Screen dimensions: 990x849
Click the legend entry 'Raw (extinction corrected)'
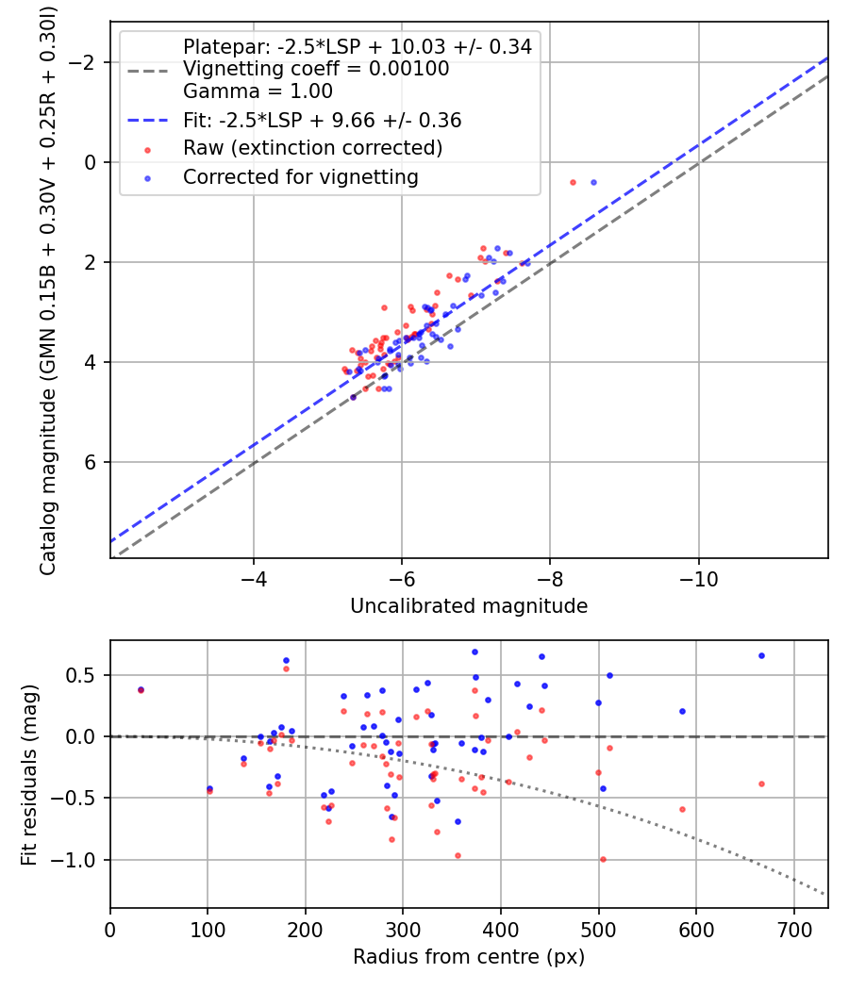(x=312, y=148)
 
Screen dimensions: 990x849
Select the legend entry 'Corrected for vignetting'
(x=300, y=176)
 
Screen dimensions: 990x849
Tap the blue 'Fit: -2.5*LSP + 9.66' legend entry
(x=322, y=121)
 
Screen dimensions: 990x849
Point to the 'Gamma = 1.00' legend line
(x=258, y=91)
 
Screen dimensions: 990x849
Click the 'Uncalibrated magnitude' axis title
(x=469, y=606)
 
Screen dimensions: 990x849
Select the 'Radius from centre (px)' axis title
(x=469, y=957)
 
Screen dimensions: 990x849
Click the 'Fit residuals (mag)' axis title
(x=29, y=773)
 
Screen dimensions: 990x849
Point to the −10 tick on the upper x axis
(x=698, y=573)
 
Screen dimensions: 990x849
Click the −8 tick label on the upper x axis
(x=550, y=573)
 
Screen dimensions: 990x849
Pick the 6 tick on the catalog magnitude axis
(x=91, y=462)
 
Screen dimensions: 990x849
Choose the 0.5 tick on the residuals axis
(x=86, y=675)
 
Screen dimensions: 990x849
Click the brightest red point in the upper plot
(x=573, y=182)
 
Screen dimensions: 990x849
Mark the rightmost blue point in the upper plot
(x=593, y=182)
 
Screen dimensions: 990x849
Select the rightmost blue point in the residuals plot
(x=761, y=655)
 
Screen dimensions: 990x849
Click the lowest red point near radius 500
(x=603, y=859)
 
